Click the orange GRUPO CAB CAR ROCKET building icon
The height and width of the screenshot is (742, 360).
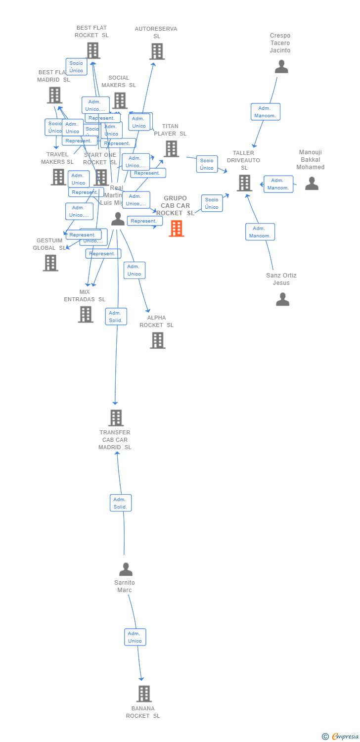[x=177, y=229]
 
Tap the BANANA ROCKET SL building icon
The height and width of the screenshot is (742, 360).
[x=143, y=694]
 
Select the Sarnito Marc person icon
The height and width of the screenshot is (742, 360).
[x=126, y=569]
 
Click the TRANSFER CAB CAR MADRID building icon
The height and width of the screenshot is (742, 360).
[x=116, y=418]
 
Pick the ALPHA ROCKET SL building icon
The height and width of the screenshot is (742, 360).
[x=157, y=340]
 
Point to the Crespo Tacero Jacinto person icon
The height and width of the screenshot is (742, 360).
[x=281, y=67]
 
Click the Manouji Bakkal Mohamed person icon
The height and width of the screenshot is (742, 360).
[x=312, y=184]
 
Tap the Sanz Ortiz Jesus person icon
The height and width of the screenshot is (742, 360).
[x=282, y=299]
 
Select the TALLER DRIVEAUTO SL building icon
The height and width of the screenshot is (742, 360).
[x=244, y=183]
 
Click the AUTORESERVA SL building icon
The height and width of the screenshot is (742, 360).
[x=157, y=51]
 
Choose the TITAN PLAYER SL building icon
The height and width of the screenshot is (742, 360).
[x=171, y=148]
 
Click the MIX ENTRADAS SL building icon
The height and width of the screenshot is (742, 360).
[x=86, y=314]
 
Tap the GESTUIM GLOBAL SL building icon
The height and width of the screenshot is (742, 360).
[x=50, y=263]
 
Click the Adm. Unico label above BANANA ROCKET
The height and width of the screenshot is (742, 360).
[x=135, y=637]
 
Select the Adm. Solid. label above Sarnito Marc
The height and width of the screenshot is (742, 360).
[x=121, y=503]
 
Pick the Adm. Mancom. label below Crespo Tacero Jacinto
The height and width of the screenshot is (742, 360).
[x=266, y=112]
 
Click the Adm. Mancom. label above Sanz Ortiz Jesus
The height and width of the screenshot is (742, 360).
[x=260, y=232]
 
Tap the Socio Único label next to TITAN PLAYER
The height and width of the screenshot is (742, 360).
[x=207, y=164]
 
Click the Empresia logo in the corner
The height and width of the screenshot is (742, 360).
[x=341, y=737]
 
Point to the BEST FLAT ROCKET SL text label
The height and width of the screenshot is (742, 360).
[x=91, y=32]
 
